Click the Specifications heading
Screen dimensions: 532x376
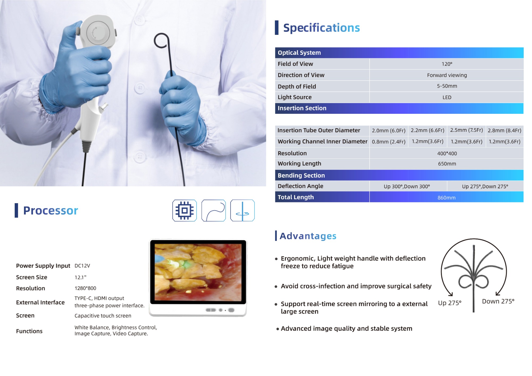pyautogui.click(x=321, y=28)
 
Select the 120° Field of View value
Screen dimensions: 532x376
pyautogui.click(x=447, y=64)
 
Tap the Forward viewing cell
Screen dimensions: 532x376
pyautogui.click(x=447, y=75)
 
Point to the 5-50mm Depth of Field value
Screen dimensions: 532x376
pyautogui.click(x=447, y=86)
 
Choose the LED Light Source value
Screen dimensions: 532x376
pyautogui.click(x=447, y=97)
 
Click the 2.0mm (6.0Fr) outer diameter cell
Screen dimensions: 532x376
pyautogui.click(x=389, y=131)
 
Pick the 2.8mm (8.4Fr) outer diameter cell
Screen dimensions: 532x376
pyautogui.click(x=504, y=131)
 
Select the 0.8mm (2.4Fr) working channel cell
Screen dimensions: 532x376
pyautogui.click(x=389, y=142)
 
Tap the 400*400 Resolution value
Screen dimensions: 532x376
pyautogui.click(x=447, y=153)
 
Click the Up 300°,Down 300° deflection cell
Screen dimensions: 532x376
pyautogui.click(x=407, y=186)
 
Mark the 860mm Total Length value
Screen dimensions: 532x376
pyautogui.click(x=446, y=198)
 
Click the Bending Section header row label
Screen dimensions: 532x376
pyautogui.click(x=301, y=176)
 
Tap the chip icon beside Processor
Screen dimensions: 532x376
pyautogui.click(x=184, y=211)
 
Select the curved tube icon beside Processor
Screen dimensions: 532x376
pyautogui.click(x=214, y=211)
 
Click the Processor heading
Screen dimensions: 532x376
pyautogui.click(x=51, y=211)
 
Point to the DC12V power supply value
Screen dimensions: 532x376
pyautogui.click(x=82, y=266)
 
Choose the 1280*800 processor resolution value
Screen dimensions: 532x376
pyautogui.click(x=85, y=288)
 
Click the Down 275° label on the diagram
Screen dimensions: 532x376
pyautogui.click(x=498, y=301)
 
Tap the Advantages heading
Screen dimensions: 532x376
pyautogui.click(x=308, y=236)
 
